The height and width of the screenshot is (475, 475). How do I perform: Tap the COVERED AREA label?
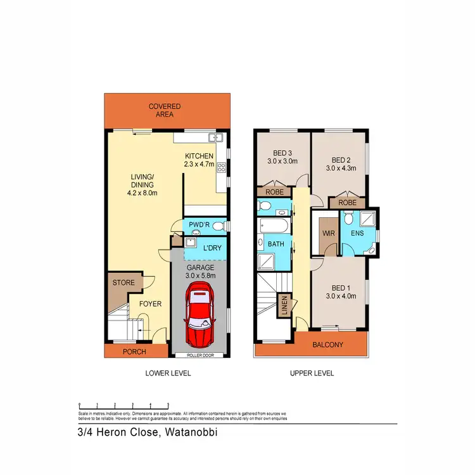(x=165, y=111)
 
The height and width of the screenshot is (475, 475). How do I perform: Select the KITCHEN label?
(x=199, y=156)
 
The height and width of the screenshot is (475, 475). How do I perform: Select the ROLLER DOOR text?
(x=200, y=355)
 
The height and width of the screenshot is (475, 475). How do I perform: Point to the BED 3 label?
(x=283, y=153)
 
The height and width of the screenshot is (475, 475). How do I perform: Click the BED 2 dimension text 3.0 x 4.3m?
(x=341, y=168)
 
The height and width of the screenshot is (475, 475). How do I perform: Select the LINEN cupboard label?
(x=285, y=305)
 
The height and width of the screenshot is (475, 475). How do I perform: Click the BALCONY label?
(x=328, y=345)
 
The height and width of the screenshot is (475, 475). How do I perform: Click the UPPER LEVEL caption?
(x=312, y=374)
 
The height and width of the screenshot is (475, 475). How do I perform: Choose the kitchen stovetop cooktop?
(x=221, y=168)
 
